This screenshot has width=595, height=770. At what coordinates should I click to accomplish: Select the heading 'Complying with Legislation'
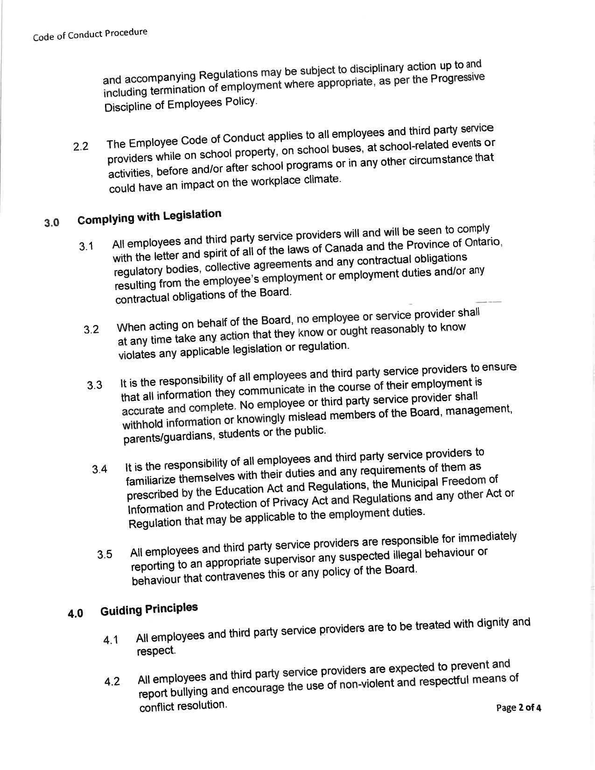[x=149, y=217]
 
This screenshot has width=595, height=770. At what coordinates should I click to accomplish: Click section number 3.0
[x=51, y=223]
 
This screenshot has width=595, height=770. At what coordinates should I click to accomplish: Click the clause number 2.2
[x=81, y=147]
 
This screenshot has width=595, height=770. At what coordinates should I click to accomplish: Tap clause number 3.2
[x=91, y=330]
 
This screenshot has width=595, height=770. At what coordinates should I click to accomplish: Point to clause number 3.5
[x=105, y=555]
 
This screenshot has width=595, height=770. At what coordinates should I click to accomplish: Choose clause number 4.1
[x=111, y=640]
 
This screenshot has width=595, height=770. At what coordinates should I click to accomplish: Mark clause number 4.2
[x=112, y=682]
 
